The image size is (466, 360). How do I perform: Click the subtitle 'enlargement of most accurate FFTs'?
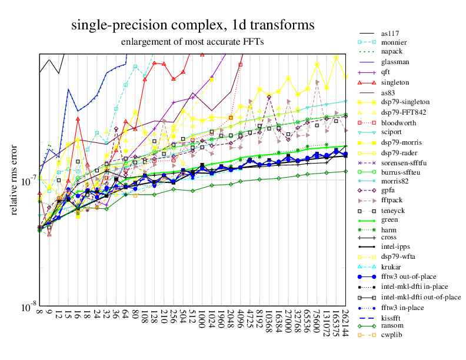click(x=192, y=42)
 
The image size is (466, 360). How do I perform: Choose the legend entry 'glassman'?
click(x=395, y=62)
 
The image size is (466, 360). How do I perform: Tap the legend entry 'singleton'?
click(x=395, y=82)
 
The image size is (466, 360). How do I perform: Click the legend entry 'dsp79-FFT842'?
click(x=403, y=112)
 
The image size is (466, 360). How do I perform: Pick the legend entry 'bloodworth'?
click(x=398, y=122)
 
